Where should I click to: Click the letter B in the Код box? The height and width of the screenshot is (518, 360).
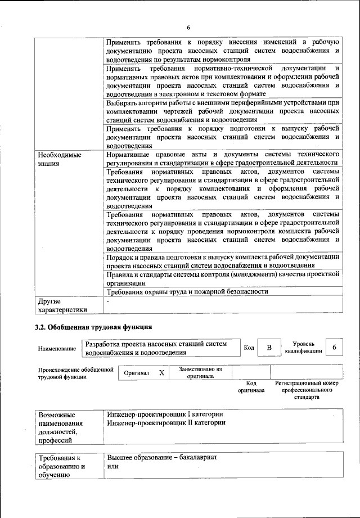(269, 348)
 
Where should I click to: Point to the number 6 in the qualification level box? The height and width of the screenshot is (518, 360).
(335, 348)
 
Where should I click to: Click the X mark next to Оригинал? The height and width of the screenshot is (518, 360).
(161, 373)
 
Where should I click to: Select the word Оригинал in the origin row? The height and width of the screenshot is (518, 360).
(136, 373)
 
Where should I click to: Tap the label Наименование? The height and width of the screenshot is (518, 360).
(57, 349)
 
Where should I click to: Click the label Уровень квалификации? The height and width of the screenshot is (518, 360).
(307, 348)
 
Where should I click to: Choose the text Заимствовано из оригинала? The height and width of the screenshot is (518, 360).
(200, 373)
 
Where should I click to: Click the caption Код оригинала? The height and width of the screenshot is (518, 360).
(251, 386)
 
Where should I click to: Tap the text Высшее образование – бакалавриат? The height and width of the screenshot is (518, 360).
(162, 458)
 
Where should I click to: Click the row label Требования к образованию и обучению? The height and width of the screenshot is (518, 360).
(61, 467)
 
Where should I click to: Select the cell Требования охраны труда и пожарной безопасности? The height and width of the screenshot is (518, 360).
(187, 292)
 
